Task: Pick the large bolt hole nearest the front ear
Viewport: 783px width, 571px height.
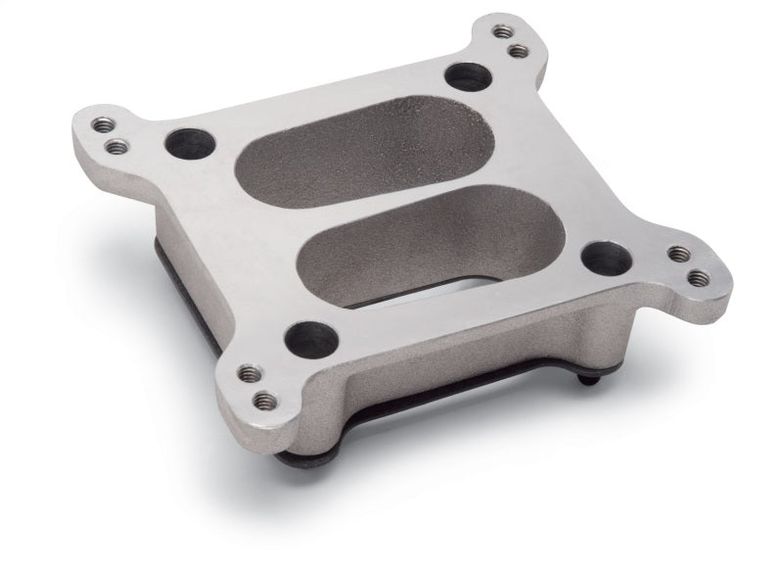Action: click(x=306, y=339)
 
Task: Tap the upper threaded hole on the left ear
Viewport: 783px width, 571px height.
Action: click(x=103, y=125)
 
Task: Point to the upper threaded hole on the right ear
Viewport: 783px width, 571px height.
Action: click(x=677, y=255)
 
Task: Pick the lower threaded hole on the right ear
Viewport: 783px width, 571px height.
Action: click(x=697, y=278)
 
